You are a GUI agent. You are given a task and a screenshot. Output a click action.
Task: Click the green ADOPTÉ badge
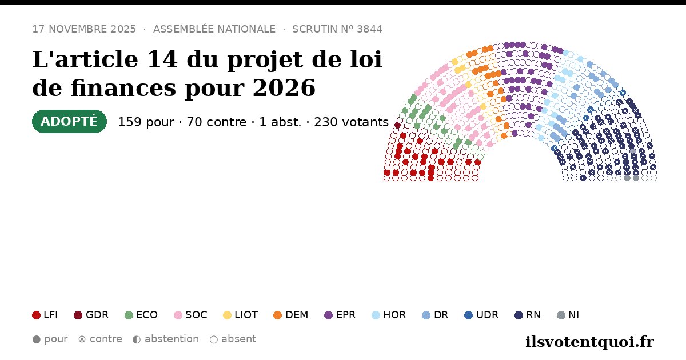(70, 122)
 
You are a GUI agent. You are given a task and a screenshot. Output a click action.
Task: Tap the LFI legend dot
(37, 315)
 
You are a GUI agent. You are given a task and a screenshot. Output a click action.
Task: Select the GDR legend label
(97, 315)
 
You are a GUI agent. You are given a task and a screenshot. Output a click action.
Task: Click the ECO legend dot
(129, 315)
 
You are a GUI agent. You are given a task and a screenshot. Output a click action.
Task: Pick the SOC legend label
(196, 315)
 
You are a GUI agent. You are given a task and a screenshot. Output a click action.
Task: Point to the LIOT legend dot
(228, 315)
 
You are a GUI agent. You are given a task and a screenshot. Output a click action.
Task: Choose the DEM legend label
(297, 315)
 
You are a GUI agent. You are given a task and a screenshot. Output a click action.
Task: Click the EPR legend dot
(329, 315)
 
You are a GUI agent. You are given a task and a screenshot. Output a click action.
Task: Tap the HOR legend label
(394, 315)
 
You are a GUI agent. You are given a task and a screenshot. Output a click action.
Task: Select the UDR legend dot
(469, 315)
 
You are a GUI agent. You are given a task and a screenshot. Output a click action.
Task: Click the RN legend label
(533, 315)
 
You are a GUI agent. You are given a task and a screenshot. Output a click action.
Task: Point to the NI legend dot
(561, 315)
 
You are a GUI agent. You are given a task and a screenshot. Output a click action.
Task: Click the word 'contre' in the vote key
(106, 339)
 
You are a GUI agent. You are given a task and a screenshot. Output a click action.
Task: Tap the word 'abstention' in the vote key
(172, 339)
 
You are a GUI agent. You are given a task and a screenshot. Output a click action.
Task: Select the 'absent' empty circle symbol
(214, 339)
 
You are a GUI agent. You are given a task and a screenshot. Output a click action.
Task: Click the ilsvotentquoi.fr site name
(589, 342)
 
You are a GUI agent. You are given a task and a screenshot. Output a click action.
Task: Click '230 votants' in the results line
(351, 122)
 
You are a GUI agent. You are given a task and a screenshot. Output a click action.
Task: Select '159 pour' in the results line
(146, 122)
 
